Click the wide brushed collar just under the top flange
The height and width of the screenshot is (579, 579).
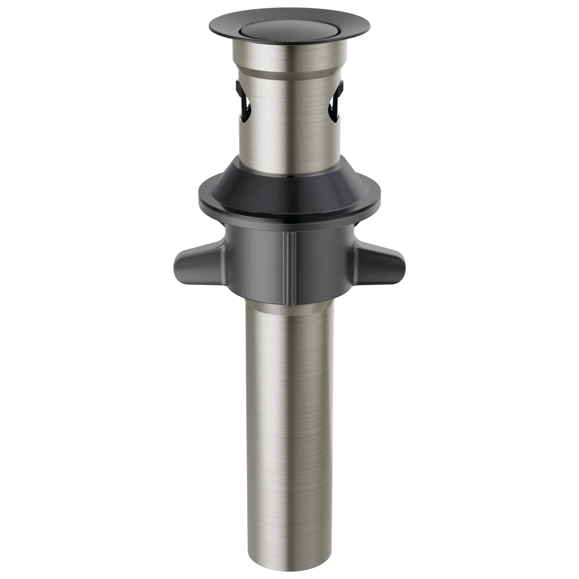coord(289,57)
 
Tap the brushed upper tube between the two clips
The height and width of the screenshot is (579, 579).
coord(289,120)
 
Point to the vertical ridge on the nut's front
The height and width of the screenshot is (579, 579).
coord(289,267)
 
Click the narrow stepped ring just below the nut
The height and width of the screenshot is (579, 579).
coord(289,309)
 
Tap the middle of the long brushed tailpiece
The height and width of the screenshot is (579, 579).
coord(289,419)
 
